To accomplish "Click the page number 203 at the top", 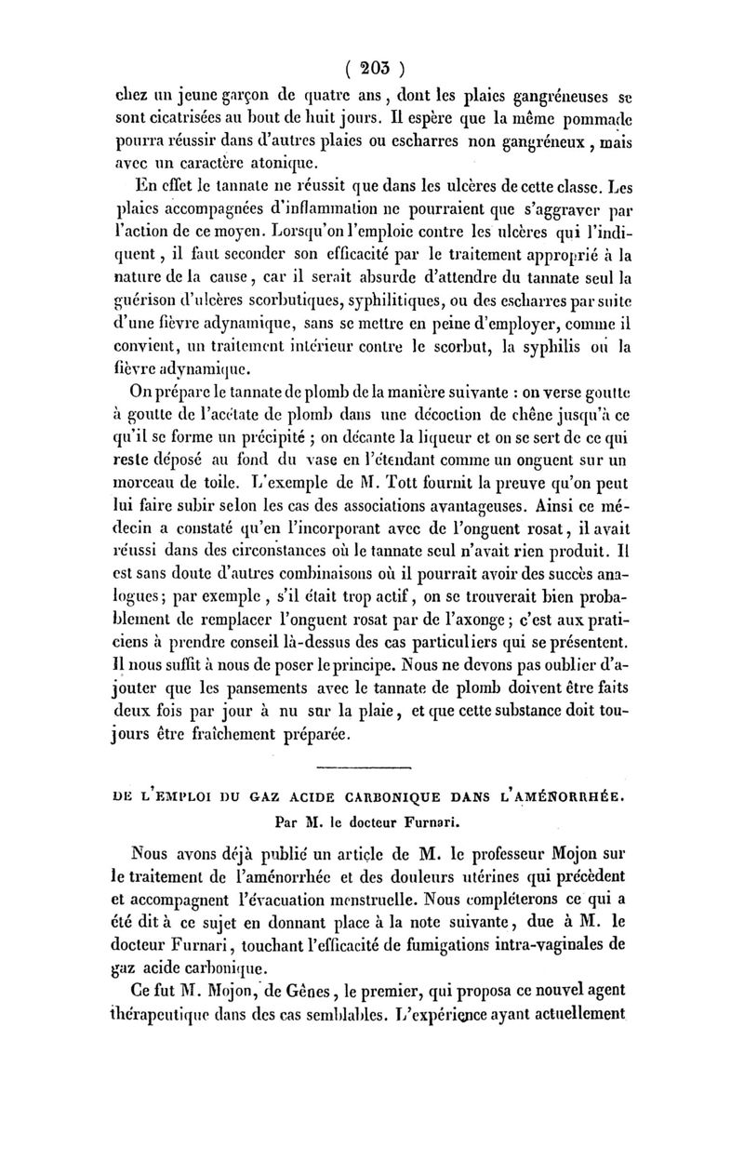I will tap(376, 68).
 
